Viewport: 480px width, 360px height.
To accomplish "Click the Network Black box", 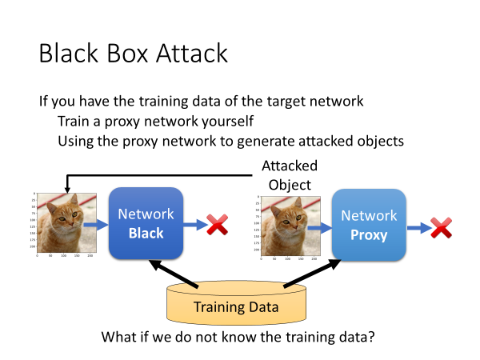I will click(146, 224).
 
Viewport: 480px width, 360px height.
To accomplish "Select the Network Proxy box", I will click(369, 226).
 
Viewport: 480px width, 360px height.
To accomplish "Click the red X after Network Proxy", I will click(441, 227).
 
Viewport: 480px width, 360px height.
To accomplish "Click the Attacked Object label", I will click(289, 175).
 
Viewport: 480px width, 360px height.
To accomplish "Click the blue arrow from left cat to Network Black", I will click(95, 225).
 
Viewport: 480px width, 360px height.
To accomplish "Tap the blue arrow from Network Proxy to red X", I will click(417, 227).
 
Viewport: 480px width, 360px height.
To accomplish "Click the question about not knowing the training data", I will click(238, 336).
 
